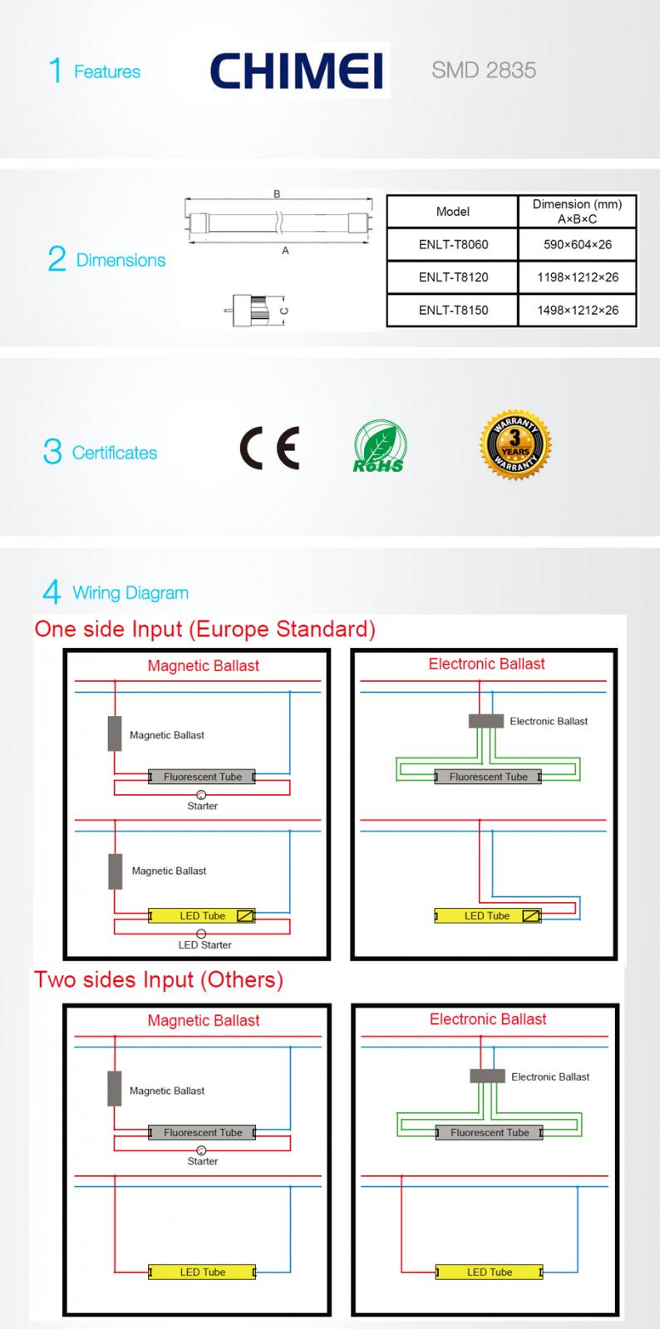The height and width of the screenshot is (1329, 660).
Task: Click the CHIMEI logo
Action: [297, 71]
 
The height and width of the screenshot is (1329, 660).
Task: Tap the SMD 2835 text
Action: [484, 71]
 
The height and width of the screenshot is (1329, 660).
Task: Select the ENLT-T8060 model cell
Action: [453, 245]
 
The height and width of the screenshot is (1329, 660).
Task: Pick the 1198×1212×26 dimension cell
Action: [578, 277]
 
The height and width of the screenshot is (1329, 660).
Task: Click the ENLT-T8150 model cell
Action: [453, 311]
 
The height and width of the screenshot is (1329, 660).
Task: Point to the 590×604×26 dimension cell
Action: [578, 245]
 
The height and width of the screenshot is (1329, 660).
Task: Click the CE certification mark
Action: [269, 449]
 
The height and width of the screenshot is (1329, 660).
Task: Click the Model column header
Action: [453, 212]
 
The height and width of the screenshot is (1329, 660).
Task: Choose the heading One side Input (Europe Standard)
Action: [205, 629]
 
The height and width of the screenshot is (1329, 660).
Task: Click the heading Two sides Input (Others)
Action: [159, 979]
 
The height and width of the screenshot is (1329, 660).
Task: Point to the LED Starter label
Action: [204, 945]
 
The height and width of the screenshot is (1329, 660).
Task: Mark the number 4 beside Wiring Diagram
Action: [52, 593]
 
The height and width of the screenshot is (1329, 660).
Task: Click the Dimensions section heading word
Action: [121, 261]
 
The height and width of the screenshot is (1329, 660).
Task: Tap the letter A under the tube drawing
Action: [285, 251]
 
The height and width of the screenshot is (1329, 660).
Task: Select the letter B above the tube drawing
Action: [277, 194]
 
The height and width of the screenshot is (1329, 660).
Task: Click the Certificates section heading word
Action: [115, 454]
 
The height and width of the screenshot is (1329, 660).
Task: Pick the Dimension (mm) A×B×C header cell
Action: [577, 212]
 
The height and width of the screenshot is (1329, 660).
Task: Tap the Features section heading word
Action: [107, 72]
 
